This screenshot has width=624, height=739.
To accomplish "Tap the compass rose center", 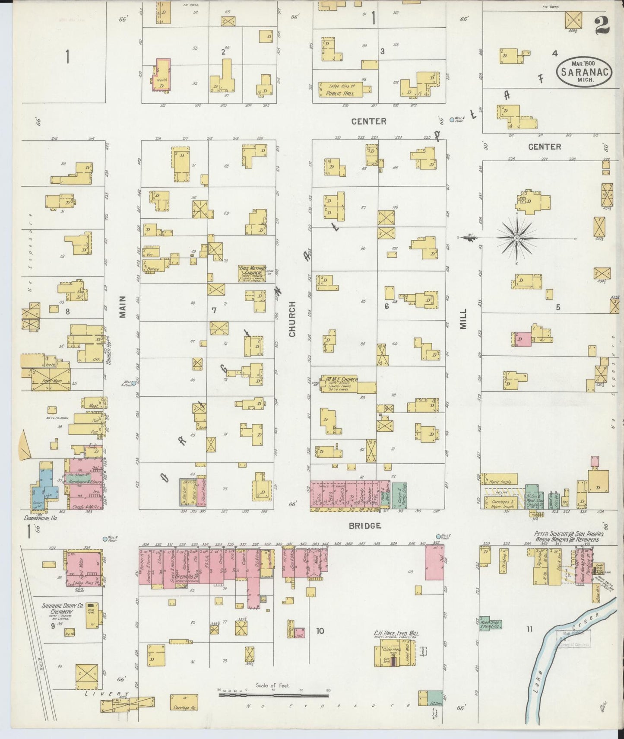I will tap(516, 238).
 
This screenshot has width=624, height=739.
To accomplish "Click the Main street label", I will tap(122, 307).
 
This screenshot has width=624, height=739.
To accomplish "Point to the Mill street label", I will tap(463, 319).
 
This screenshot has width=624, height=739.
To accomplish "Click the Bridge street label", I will tap(365, 526).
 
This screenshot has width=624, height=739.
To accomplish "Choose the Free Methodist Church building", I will tap(253, 273).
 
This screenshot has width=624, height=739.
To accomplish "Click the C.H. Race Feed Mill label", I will tap(396, 634).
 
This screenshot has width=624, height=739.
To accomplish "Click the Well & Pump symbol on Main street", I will tap(134, 383).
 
